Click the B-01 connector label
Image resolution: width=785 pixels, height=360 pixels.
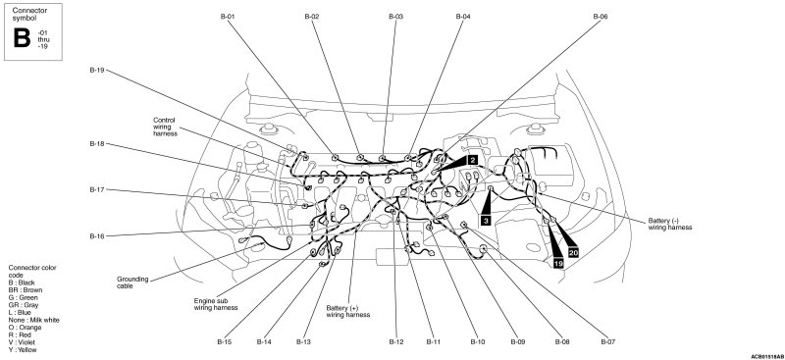tap(228, 17)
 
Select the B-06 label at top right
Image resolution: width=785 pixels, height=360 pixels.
tap(601, 17)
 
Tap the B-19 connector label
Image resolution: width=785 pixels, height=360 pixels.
tap(96, 71)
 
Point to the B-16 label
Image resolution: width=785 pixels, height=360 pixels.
tap(96, 235)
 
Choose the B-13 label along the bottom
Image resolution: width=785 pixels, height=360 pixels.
tap(303, 342)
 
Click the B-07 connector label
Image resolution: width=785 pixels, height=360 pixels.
tap(607, 342)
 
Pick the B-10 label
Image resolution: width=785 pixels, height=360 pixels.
tap(478, 342)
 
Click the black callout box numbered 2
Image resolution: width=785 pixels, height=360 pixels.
tap(472, 160)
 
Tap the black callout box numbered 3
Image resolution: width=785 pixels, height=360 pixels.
tap(485, 220)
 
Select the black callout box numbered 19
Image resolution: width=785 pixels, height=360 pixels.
tap(558, 263)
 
